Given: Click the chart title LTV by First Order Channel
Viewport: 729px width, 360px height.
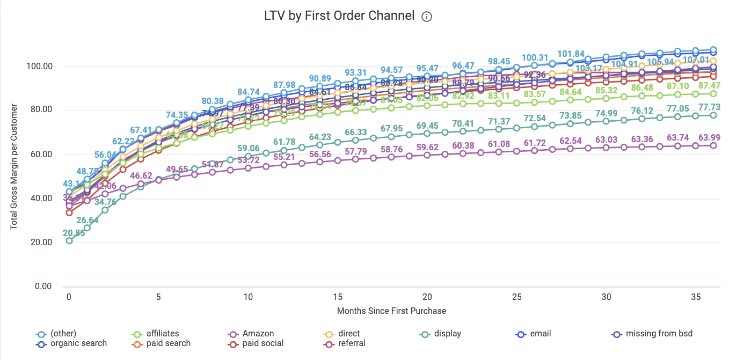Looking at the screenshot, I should (339, 16).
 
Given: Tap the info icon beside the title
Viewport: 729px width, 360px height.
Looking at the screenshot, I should (427, 17).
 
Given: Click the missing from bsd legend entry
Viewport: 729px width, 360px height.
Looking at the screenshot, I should (652, 334).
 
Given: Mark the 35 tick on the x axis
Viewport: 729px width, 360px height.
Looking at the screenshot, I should (696, 297).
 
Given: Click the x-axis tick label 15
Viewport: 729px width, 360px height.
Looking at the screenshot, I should (338, 297).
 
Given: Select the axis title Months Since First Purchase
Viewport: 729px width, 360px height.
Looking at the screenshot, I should (391, 311).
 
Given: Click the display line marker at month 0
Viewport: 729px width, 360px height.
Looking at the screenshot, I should (69, 241).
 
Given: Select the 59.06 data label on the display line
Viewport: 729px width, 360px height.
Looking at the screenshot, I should (249, 148).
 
